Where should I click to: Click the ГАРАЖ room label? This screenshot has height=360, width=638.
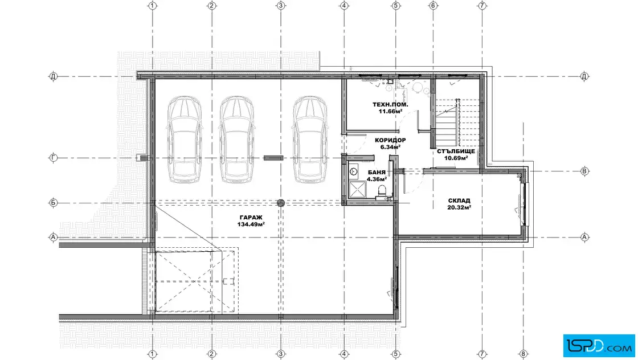click(x=251, y=218)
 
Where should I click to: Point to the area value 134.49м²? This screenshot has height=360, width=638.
click(x=251, y=224)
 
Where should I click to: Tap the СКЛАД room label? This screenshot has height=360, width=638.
click(x=459, y=201)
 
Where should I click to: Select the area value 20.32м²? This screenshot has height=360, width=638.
click(x=459, y=207)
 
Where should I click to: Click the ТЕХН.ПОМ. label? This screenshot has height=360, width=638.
click(x=390, y=105)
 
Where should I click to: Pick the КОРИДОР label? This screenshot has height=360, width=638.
click(x=390, y=140)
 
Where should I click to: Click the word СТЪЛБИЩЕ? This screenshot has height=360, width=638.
click(x=456, y=152)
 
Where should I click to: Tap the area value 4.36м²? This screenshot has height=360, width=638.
click(x=377, y=179)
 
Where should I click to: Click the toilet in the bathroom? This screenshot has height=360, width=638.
click(x=382, y=191)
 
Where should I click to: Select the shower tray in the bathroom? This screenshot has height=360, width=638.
click(x=357, y=190)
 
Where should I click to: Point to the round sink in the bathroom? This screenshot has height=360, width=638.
click(x=353, y=171)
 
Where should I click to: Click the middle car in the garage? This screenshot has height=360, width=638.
click(x=237, y=139)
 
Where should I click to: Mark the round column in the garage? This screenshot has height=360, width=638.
click(x=281, y=203)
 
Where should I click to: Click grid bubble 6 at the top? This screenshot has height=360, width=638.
click(x=433, y=6)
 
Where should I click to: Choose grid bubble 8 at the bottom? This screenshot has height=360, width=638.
click(x=524, y=354)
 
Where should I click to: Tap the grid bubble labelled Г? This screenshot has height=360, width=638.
click(x=54, y=158)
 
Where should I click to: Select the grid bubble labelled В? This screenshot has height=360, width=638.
click(x=584, y=171)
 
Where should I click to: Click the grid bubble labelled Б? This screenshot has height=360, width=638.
click(x=54, y=203)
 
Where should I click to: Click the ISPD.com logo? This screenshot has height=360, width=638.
click(x=599, y=346)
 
